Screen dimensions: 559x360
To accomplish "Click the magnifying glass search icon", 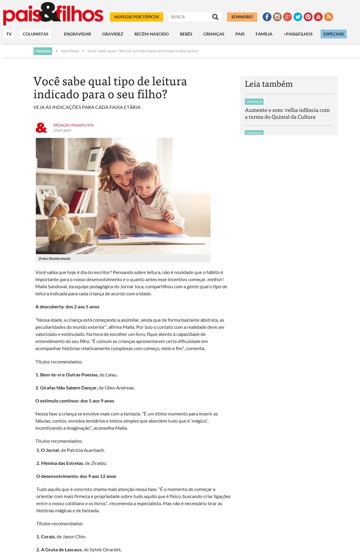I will coord(215,17).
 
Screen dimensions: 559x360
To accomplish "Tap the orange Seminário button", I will coord(242,17).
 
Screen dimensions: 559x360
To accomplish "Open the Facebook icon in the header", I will coord(267,17).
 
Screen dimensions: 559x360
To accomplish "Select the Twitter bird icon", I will coord(298,17).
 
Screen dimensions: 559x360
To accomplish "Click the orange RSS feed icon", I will coord(328,17).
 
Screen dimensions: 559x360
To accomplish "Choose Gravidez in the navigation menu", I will coord(112,34).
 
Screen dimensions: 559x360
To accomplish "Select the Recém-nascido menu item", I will coord(151,34).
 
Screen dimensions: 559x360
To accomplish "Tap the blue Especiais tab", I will coord(333,34).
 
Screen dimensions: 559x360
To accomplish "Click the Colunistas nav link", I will coord(36,34).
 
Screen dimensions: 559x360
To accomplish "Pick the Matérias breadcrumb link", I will coord(70,51).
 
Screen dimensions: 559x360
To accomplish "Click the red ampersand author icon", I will coord(41,128).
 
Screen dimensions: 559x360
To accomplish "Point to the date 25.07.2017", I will coord(62,131).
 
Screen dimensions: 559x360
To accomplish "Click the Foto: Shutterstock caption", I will coord(54,259).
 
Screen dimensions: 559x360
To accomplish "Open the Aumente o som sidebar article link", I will coord(287,113).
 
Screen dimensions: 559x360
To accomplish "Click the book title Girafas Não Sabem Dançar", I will coord(69,388).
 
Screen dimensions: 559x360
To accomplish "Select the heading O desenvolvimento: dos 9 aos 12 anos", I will coord(76,476).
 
